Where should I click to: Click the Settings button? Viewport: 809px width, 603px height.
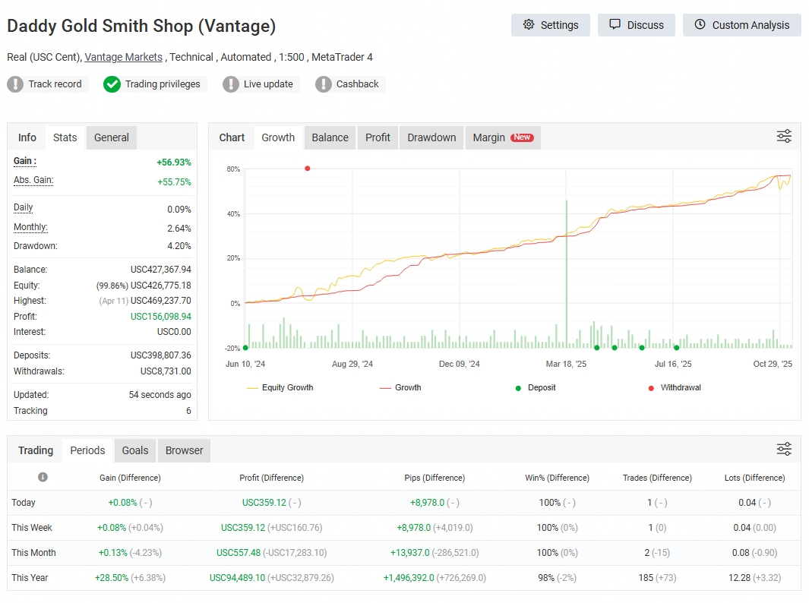[551, 25]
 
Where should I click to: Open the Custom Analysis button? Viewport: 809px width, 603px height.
[741, 25]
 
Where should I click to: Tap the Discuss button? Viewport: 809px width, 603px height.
[636, 25]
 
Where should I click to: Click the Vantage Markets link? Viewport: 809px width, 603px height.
[124, 57]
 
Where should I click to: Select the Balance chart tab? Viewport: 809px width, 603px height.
[330, 137]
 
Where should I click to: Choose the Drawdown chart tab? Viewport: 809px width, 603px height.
[431, 137]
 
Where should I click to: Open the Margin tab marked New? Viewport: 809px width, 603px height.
[502, 137]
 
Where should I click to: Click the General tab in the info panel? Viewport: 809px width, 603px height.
[112, 137]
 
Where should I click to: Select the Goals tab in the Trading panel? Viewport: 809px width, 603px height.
[135, 450]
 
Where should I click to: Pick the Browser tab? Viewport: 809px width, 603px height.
[184, 450]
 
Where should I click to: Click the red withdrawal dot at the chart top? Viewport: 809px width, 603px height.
[308, 169]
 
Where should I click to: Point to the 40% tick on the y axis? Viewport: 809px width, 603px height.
[233, 214]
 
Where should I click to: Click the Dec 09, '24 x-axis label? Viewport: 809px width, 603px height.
[460, 365]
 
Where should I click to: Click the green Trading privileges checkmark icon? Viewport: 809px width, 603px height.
[112, 84]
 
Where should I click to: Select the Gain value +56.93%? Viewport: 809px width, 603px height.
[174, 163]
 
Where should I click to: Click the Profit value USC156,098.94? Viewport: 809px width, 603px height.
[161, 317]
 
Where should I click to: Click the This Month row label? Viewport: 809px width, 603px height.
[33, 553]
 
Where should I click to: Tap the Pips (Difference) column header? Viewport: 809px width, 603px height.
[435, 478]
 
